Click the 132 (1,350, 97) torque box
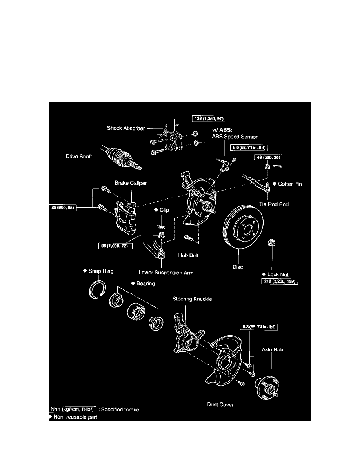pos(210,118)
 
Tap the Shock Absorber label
pos(125,128)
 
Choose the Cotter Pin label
pos(289,184)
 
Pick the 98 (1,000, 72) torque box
pos(115,246)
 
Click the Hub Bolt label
pos(188,255)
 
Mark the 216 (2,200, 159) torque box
pos(279,282)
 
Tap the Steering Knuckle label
pos(192,299)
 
